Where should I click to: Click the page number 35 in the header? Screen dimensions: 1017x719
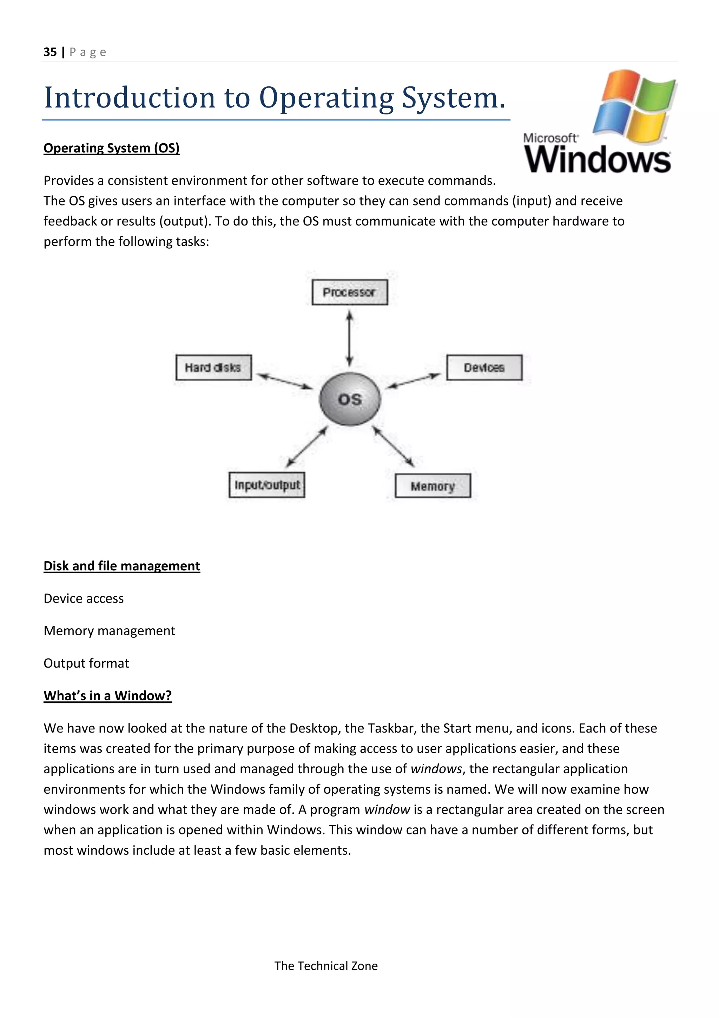pyautogui.click(x=50, y=52)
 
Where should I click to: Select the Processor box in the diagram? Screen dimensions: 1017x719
pyautogui.click(x=349, y=292)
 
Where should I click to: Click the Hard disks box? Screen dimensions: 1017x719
pyautogui.click(x=213, y=368)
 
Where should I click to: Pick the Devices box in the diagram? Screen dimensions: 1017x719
pyautogui.click(x=484, y=368)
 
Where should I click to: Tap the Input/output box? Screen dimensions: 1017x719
pyautogui.click(x=267, y=485)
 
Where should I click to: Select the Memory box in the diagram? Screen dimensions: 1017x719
pyautogui.click(x=433, y=486)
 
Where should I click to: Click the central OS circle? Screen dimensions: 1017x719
pyautogui.click(x=350, y=399)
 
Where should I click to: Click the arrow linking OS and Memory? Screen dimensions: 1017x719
pyautogui.click(x=393, y=446)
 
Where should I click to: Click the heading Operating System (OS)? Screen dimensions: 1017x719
pyautogui.click(x=112, y=148)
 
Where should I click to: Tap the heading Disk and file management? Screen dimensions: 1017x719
pyautogui.click(x=122, y=566)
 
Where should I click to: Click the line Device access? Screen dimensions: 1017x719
pyautogui.click(x=84, y=598)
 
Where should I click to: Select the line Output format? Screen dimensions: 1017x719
pyautogui.click(x=86, y=663)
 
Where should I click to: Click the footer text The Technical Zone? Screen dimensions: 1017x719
pyautogui.click(x=326, y=966)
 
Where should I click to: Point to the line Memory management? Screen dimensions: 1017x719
pyautogui.click(x=109, y=631)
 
